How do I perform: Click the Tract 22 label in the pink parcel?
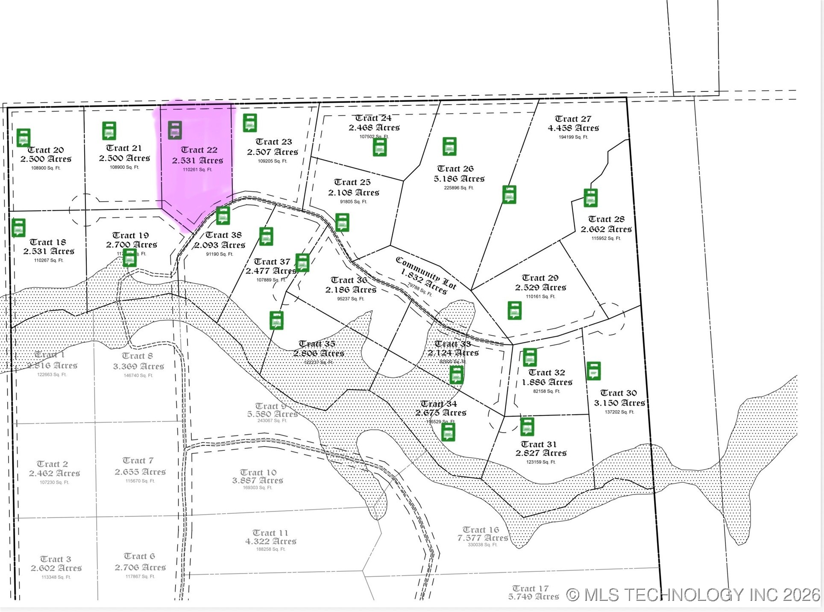(199, 150)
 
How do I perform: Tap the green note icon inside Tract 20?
(23, 138)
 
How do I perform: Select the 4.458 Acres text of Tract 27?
(573, 128)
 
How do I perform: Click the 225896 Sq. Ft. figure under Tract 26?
(458, 188)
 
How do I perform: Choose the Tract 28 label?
(606, 219)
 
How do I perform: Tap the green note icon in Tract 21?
(109, 131)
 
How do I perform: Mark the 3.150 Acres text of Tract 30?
(619, 403)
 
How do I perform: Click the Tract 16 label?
(481, 530)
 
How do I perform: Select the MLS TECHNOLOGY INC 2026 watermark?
(693, 595)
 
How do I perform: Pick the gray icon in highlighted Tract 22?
(175, 130)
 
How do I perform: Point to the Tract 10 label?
(258, 472)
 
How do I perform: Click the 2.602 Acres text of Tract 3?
(56, 568)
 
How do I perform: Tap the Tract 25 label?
(352, 182)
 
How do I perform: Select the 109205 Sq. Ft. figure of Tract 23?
(273, 161)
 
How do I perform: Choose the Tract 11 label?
(270, 533)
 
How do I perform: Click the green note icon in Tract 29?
(515, 311)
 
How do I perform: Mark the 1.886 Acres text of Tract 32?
(547, 382)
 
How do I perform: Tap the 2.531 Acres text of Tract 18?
(49, 251)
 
